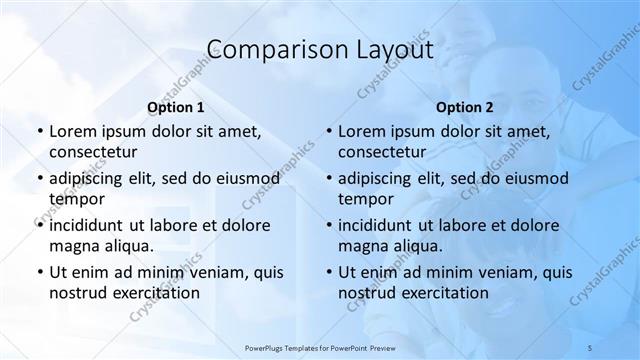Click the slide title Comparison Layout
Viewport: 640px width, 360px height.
coord(319,49)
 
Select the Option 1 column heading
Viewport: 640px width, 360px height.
coord(175,107)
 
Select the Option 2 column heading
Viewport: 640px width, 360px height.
coord(464,107)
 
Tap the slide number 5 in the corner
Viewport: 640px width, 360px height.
coord(590,346)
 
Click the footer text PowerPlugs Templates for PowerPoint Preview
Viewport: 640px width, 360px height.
coord(319,346)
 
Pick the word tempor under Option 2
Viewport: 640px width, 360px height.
coord(365,198)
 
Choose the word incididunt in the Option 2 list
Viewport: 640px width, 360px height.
coord(381,225)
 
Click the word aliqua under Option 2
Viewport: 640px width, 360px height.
coord(415,245)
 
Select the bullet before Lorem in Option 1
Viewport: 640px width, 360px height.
coord(38,132)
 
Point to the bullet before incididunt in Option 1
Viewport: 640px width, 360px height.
coord(38,225)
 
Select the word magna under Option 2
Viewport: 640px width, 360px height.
coord(361,245)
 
